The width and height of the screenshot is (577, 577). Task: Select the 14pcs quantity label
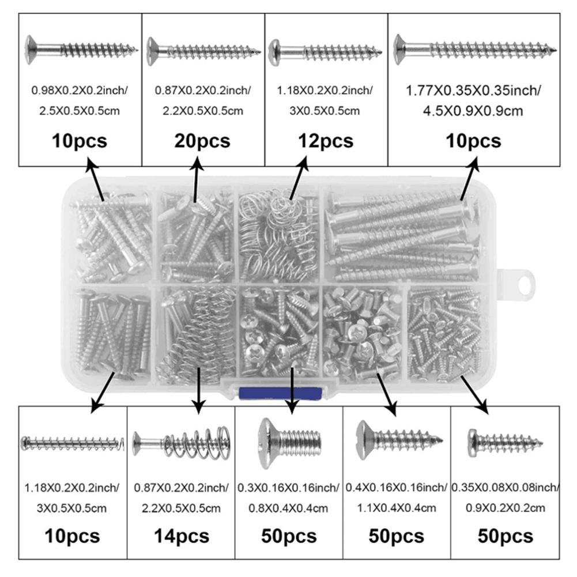tap(181, 536)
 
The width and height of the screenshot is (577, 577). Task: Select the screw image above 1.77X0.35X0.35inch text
tap(476, 49)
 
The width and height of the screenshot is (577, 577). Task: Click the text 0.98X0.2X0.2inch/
tap(80, 90)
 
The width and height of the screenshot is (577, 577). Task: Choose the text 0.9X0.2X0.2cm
tap(506, 508)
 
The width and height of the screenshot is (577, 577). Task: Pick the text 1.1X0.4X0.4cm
tap(397, 508)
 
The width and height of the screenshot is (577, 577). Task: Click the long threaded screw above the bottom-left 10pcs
tap(73, 443)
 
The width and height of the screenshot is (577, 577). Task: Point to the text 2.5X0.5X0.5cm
tap(80, 110)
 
